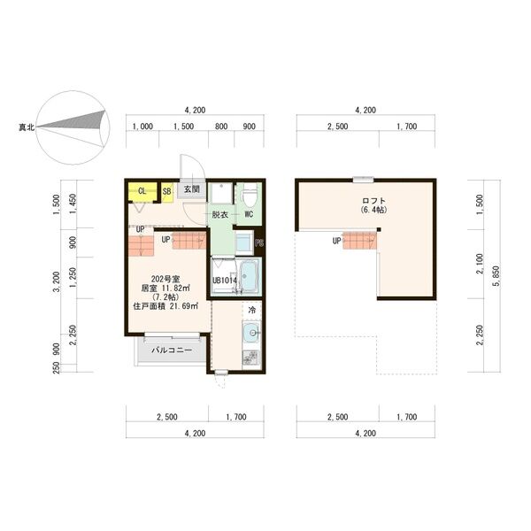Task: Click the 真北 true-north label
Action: click(x=26, y=128)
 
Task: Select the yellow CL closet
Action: click(x=142, y=190)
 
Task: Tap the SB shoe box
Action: click(x=166, y=190)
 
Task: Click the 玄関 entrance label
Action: click(x=191, y=189)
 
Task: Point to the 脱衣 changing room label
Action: click(x=219, y=214)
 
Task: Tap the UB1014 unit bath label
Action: click(x=224, y=281)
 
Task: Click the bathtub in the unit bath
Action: click(x=249, y=276)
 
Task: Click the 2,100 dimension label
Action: click(x=480, y=262)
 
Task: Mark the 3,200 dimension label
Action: click(x=57, y=281)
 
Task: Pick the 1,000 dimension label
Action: click(x=142, y=127)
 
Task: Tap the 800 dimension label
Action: click(x=221, y=127)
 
